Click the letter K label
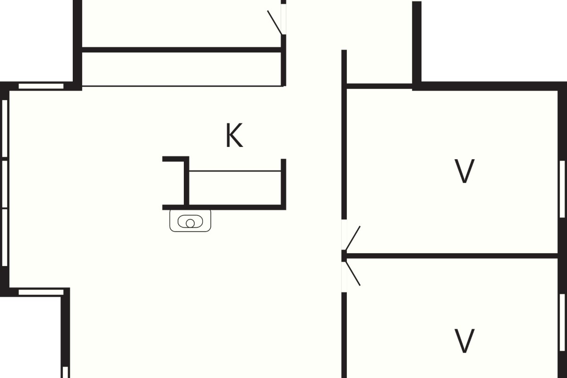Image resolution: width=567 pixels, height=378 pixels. coord(234,135)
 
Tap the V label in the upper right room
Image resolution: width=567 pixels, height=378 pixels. coord(464,171)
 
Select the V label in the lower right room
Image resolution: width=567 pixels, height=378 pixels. coord(464,341)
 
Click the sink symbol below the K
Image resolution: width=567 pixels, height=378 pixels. coord(190,221)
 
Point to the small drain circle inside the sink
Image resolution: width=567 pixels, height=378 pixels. coord(190,223)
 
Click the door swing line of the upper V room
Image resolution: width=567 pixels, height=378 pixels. coord(352,239)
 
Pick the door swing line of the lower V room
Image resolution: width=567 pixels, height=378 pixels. coord(352,274)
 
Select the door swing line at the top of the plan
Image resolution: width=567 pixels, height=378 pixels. coord(275,22)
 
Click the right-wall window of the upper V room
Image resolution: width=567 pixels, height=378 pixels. coord(562,189)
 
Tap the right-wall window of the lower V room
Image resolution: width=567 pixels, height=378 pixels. coord(562,322)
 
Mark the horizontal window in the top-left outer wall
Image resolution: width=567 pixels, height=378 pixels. coord(41,86)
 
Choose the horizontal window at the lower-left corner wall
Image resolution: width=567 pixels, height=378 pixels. coord(41,292)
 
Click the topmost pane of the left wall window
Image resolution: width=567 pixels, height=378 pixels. coord(5,128)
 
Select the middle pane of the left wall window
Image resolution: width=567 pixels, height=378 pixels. coord(5,184)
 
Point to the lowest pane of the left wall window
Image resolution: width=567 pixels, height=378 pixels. coord(5,238)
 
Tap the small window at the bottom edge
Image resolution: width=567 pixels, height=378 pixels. coord(65,372)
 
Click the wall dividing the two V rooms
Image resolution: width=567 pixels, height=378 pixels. coord(451,256)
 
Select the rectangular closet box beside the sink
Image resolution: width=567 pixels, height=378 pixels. coord(235,188)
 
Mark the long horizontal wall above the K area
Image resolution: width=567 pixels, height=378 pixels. coord(182,50)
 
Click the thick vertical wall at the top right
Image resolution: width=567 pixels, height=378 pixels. coord(417,45)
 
